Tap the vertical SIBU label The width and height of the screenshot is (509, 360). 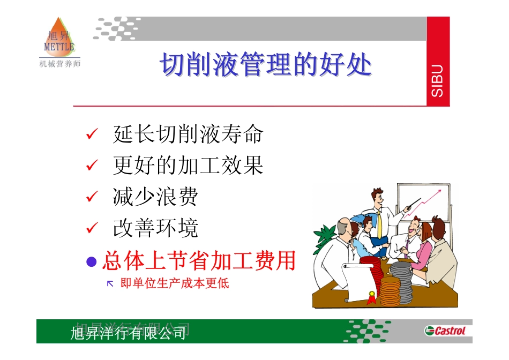[438, 80]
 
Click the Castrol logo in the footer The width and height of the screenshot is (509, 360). [445, 331]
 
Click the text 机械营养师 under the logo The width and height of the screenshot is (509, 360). [60, 64]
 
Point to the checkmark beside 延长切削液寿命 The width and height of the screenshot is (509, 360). [92, 134]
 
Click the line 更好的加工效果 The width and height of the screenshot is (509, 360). [188, 166]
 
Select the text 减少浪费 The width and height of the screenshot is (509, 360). [155, 197]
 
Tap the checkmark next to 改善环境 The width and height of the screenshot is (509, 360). [92, 228]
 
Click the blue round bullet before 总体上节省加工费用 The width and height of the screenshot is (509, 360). [92, 261]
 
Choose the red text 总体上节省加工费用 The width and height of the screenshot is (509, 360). [199, 261]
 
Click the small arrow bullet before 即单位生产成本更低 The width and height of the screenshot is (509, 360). [110, 283]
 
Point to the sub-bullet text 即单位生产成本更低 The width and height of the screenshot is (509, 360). [175, 283]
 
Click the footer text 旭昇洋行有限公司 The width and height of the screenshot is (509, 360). [129, 333]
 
